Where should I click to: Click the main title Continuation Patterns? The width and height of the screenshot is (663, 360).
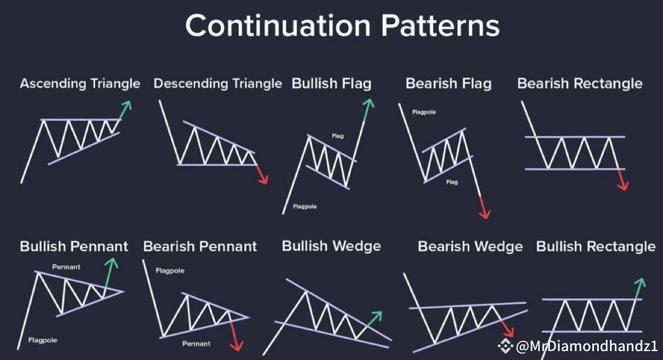pos(342,26)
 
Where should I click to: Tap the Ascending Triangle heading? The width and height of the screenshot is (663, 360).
pos(80,84)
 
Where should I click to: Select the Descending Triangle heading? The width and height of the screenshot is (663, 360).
pos(217,84)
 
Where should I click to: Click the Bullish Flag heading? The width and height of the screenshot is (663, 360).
pos(331,84)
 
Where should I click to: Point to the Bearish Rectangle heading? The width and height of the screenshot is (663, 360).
pos(580,84)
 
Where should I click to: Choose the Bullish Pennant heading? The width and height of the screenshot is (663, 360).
pos(74,246)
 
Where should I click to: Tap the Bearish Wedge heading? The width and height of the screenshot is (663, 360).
pos(470,246)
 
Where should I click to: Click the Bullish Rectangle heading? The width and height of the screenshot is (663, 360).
pos(596,246)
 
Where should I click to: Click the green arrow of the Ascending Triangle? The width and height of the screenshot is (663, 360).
pos(125,110)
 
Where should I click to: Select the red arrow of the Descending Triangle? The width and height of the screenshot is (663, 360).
pos(263,174)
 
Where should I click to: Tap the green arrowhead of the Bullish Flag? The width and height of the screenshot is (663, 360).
pos(369,104)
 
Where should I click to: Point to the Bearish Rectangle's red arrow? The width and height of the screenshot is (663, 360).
pos(623,180)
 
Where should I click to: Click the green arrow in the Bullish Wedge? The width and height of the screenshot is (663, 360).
pos(373,319)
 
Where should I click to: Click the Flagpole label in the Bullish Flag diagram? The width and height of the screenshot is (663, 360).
pos(305,207)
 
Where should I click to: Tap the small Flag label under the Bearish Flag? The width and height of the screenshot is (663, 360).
pos(452,182)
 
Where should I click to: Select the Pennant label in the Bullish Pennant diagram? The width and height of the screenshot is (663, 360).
pos(66,267)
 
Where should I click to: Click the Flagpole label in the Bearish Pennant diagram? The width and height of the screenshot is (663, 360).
pos(170,271)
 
